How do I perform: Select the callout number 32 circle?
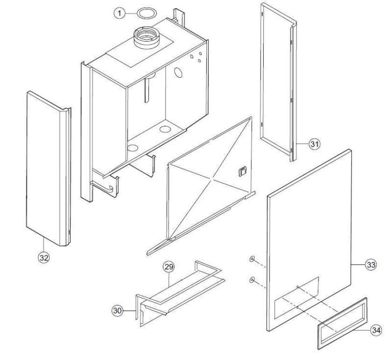[x=44, y=259]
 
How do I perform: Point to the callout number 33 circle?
[x=371, y=265]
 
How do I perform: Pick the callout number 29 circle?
[x=169, y=267]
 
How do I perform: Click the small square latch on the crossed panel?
[x=241, y=171]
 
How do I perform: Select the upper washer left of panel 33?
[x=251, y=259]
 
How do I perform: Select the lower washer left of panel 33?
[x=251, y=280]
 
